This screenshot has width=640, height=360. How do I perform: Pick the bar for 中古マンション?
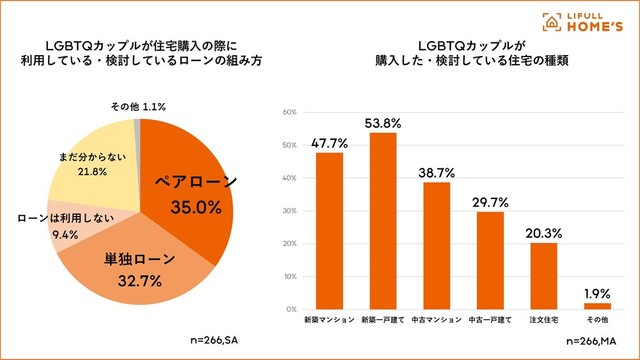[437, 246]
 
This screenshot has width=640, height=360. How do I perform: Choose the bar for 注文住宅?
[544, 276]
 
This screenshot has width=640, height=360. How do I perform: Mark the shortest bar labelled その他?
[597, 306]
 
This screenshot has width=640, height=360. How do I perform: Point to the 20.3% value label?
[544, 233]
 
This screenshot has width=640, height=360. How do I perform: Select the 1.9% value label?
[597, 293]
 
